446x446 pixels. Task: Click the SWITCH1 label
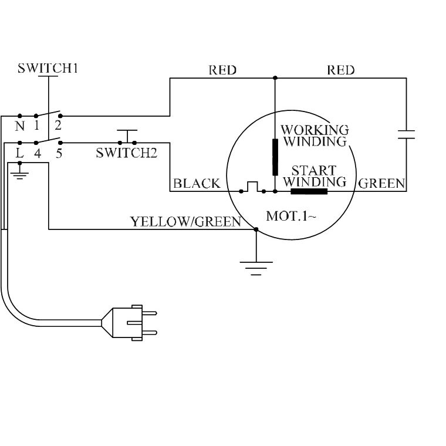click(x=48, y=68)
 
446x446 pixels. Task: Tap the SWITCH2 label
click(x=127, y=153)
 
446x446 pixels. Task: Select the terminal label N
click(x=20, y=126)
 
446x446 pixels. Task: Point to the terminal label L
click(x=20, y=154)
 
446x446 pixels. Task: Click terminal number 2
click(x=58, y=125)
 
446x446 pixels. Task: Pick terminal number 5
click(x=59, y=154)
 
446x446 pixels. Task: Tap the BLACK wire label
click(x=197, y=184)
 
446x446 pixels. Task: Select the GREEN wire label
click(x=381, y=184)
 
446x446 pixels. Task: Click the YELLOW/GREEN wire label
click(x=185, y=222)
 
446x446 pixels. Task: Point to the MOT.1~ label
click(x=291, y=216)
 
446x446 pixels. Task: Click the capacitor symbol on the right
click(x=406, y=134)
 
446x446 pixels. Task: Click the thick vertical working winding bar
click(x=275, y=157)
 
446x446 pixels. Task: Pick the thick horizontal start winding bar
click(x=309, y=191)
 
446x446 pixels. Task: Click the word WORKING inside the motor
click(x=315, y=130)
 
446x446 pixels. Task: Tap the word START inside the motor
click(x=314, y=171)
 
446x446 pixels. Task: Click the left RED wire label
click(x=222, y=70)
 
